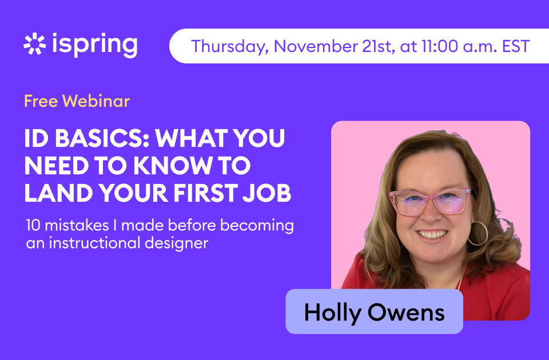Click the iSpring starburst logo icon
click(x=35, y=44)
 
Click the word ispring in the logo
click(x=94, y=45)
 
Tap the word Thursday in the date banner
click(x=230, y=46)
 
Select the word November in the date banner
click(x=315, y=46)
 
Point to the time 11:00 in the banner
click(x=439, y=46)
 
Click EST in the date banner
click(x=516, y=46)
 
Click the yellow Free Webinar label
click(x=77, y=101)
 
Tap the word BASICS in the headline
click(x=102, y=138)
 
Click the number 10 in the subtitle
click(x=33, y=225)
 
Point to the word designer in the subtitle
click(x=177, y=243)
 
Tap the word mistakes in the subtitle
click(x=77, y=225)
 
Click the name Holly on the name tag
click(x=332, y=313)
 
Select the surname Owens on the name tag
click(x=406, y=313)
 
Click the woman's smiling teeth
click(x=432, y=234)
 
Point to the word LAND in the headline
click(x=58, y=193)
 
